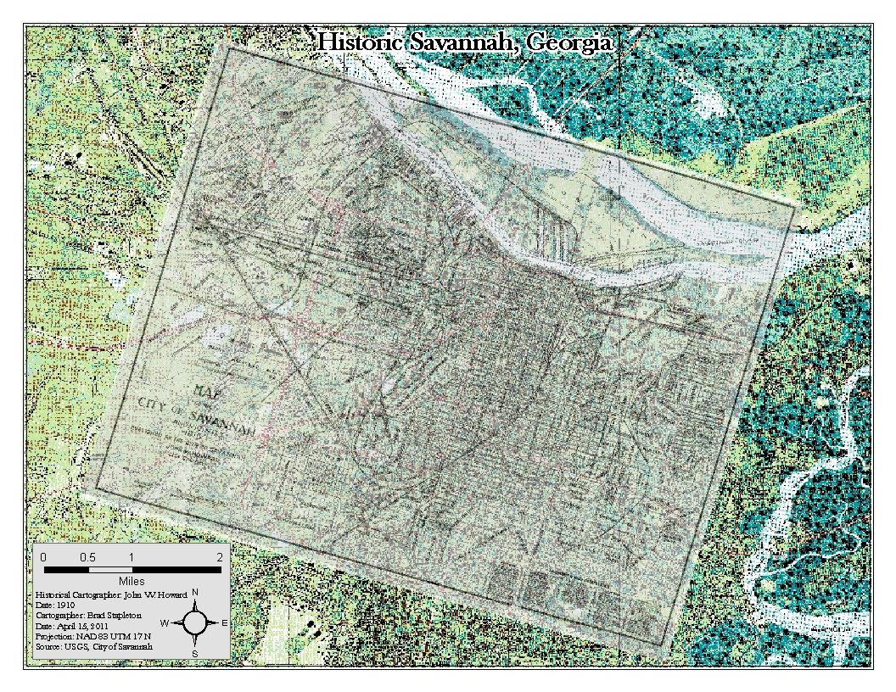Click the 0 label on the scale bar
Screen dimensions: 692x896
point(43,556)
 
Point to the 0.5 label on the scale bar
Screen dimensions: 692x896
point(87,556)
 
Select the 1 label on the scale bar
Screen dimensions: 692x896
point(132,556)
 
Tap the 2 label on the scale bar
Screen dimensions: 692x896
point(220,556)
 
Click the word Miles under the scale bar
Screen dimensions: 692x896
point(132,581)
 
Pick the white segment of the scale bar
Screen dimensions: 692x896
point(109,569)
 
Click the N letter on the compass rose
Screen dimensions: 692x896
point(195,592)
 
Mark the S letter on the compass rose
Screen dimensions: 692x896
point(195,654)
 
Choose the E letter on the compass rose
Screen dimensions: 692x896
point(224,623)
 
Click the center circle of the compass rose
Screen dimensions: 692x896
point(195,623)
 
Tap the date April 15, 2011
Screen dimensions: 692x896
point(84,626)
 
